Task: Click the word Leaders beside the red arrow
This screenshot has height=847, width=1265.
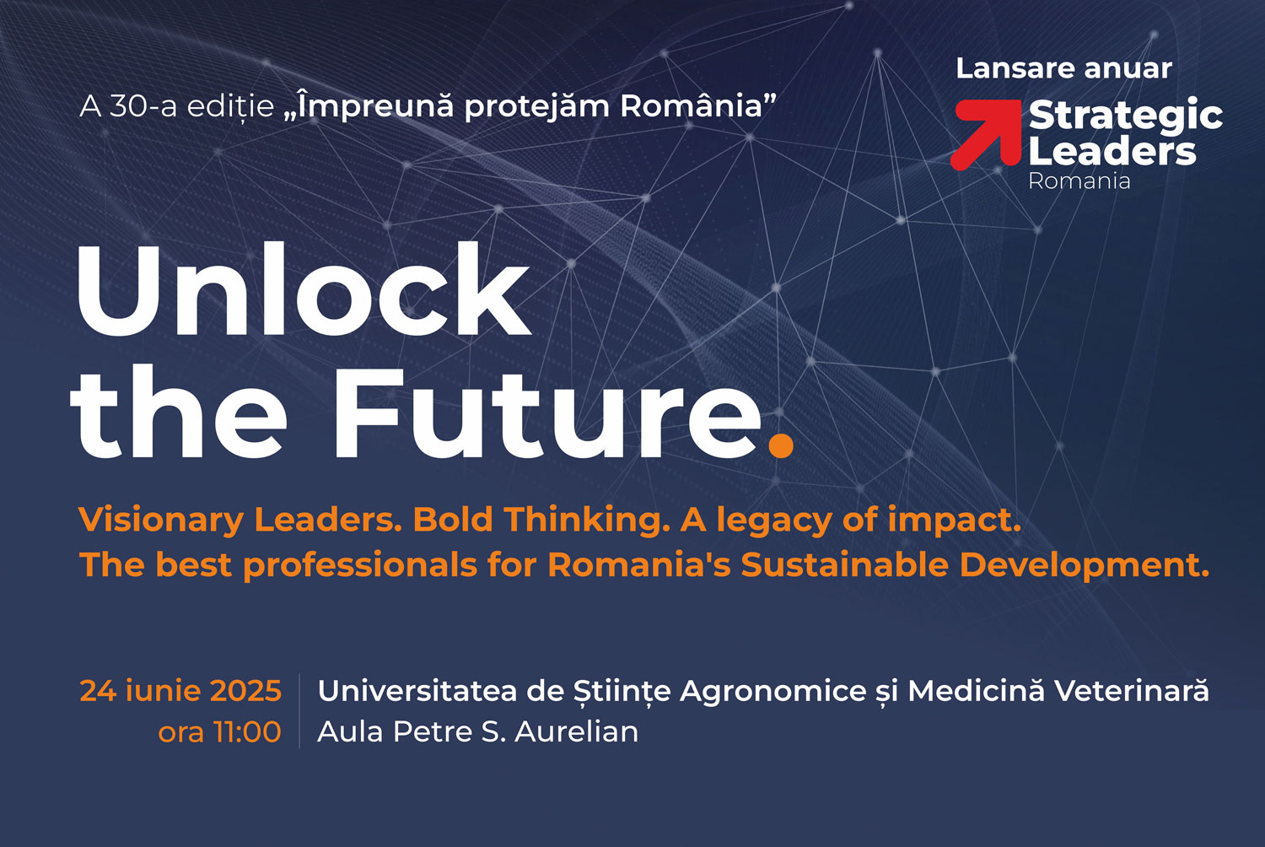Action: tap(1112, 151)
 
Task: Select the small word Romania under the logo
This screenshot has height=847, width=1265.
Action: tap(1079, 181)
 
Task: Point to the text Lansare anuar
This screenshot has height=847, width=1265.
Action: tap(1064, 68)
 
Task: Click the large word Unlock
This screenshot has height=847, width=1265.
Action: tap(304, 290)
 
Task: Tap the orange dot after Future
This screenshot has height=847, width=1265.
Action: tap(782, 444)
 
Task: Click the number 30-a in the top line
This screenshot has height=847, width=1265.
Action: tap(143, 106)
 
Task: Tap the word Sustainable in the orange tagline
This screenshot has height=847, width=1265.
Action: tap(845, 564)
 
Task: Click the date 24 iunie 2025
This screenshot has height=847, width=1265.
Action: tap(180, 690)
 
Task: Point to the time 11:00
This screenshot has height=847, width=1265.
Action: tap(247, 731)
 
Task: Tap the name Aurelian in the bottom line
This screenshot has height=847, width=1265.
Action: tap(577, 731)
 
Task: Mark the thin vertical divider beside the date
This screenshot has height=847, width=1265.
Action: tap(299, 711)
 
